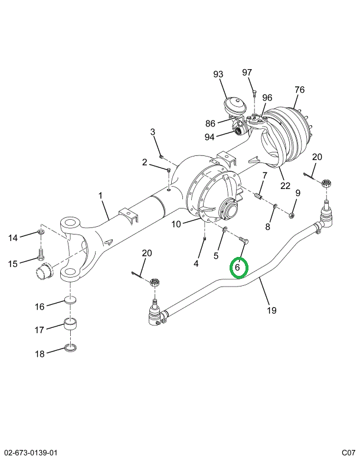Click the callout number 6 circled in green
[x=237, y=267]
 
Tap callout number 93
[x=218, y=74]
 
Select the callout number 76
[x=299, y=90]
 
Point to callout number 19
[x=271, y=310]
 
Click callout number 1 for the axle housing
[x=100, y=196]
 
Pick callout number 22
[x=285, y=185]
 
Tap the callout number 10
[x=176, y=224]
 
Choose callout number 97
[x=247, y=72]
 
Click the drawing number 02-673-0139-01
[x=29, y=453]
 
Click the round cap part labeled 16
[x=70, y=300]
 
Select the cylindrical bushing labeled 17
[x=70, y=324]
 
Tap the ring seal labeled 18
[x=70, y=349]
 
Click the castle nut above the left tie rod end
[x=154, y=283]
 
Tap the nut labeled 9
[x=292, y=216]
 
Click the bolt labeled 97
[x=254, y=95]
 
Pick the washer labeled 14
[x=41, y=233]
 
